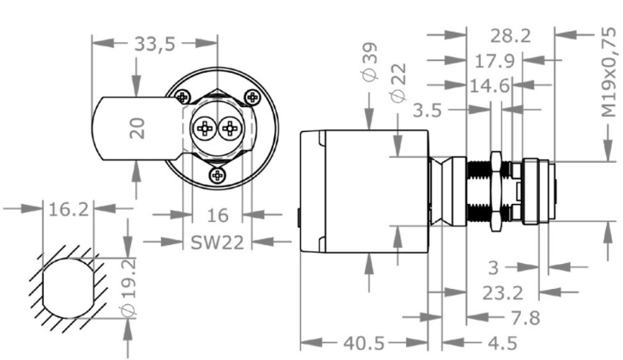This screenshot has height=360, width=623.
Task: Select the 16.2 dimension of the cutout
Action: pyautogui.click(x=66, y=208)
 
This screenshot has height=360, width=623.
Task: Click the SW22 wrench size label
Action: pyautogui.click(x=216, y=242)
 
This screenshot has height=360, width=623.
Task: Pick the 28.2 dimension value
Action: pyautogui.click(x=511, y=35)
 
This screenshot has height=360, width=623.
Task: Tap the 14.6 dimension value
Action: pyautogui.click(x=488, y=85)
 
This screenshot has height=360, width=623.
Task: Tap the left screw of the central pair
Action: pyautogui.click(x=205, y=129)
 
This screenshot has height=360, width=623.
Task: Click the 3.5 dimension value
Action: pyautogui.click(x=429, y=110)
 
